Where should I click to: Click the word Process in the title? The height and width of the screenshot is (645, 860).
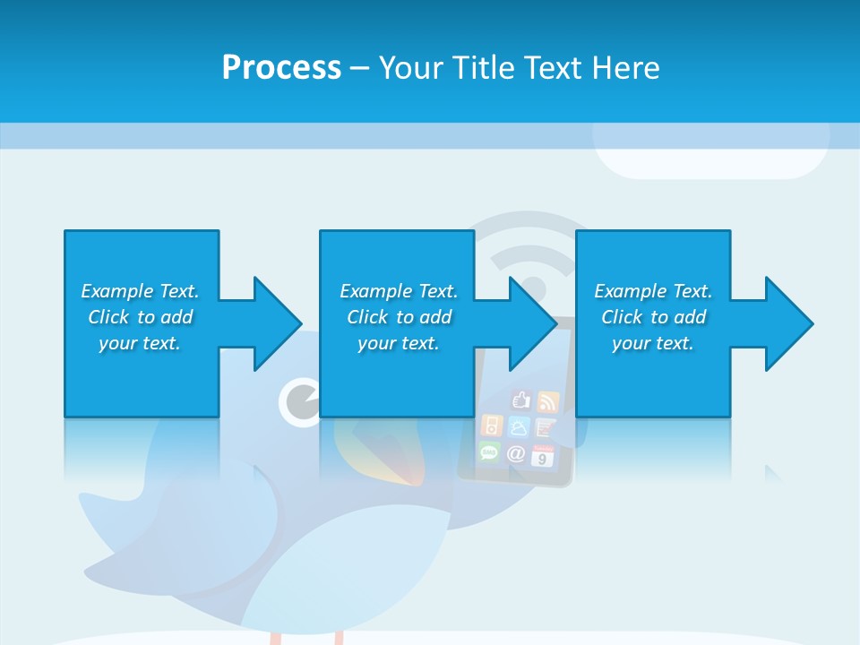click(x=281, y=67)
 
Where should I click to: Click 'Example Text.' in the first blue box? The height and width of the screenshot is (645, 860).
click(x=140, y=291)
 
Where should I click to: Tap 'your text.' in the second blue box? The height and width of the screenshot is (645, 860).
click(x=398, y=343)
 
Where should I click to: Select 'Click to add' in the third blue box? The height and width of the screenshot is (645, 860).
click(x=653, y=317)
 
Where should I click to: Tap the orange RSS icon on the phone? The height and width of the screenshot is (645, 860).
click(x=546, y=400)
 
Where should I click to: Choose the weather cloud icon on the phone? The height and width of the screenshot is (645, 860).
click(x=519, y=426)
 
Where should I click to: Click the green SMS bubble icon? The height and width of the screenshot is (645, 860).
click(x=490, y=452)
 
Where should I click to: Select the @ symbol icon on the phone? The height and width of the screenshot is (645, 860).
click(x=517, y=453)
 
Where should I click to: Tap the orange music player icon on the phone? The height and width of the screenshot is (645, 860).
click(x=491, y=425)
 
